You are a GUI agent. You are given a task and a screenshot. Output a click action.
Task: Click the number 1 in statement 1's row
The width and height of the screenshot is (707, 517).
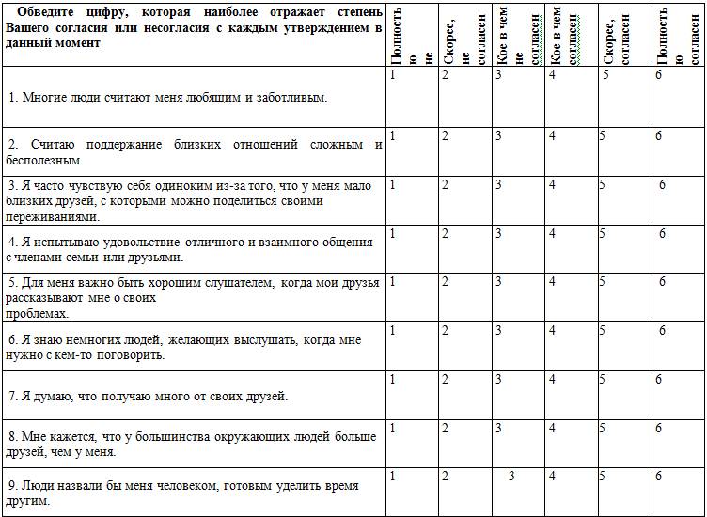pyautogui.click(x=393, y=74)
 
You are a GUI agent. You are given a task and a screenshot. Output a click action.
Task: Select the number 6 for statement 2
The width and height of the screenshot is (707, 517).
pyautogui.click(x=659, y=136)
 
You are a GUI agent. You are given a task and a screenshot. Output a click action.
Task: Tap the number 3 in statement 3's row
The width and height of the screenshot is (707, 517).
pyautogui.click(x=498, y=185)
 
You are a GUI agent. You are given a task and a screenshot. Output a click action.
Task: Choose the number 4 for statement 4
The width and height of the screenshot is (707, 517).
pyautogui.click(x=552, y=233)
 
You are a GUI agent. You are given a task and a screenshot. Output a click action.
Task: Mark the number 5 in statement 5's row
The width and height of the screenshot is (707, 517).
pyautogui.click(x=605, y=281)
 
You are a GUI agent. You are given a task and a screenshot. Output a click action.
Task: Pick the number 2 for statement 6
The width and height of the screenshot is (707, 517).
pyautogui.click(x=446, y=330)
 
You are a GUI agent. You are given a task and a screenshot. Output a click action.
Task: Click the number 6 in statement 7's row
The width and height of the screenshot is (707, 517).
pyautogui.click(x=659, y=379)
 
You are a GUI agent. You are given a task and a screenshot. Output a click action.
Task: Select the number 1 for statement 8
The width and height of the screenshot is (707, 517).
pyautogui.click(x=393, y=428)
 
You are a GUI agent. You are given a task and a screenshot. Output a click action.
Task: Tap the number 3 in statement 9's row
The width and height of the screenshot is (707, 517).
pyautogui.click(x=511, y=477)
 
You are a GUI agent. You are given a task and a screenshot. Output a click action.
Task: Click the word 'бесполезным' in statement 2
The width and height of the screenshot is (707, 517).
pyautogui.click(x=44, y=160)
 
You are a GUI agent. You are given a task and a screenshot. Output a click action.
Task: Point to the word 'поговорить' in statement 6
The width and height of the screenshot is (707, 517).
pyautogui.click(x=135, y=355)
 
